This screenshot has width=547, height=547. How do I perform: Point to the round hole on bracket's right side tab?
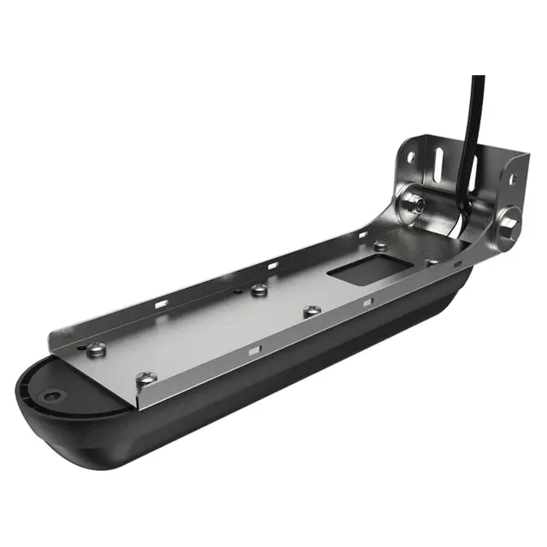tap(514, 180)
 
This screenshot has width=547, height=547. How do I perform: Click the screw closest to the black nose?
tap(97, 349)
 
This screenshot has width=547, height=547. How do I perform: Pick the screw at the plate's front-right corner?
tap(146, 378)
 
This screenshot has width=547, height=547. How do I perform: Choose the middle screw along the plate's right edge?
tap(312, 311)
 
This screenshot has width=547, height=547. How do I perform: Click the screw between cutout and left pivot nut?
tap(379, 246)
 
